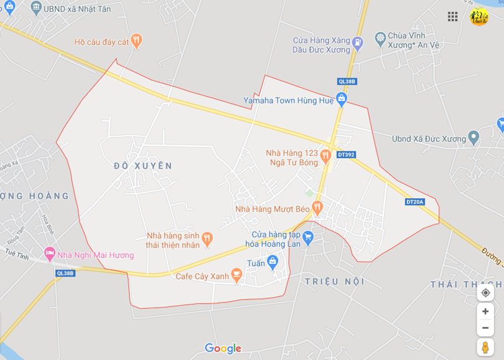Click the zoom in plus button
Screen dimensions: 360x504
pyautogui.click(x=485, y=311)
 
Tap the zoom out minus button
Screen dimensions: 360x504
pyautogui.click(x=485, y=328)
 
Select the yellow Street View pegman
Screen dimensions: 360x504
pyautogui.click(x=485, y=347)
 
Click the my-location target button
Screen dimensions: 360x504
pyautogui.click(x=485, y=292)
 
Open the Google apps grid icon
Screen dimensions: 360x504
pyautogui.click(x=452, y=17)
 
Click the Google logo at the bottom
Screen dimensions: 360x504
pyautogui.click(x=223, y=348)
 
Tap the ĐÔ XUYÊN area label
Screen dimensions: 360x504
pyautogui.click(x=143, y=166)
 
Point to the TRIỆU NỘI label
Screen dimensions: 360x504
pyautogui.click(x=335, y=282)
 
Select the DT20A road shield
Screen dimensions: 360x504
pyautogui.click(x=414, y=201)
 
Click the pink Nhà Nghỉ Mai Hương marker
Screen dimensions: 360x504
pyautogui.click(x=50, y=254)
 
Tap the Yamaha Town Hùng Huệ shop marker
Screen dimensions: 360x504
pyautogui.click(x=341, y=99)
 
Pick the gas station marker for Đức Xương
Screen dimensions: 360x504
pyautogui.click(x=357, y=44)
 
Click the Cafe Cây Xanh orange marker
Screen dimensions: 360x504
pyautogui.click(x=236, y=274)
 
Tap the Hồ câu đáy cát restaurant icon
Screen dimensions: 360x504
pyautogui.click(x=137, y=42)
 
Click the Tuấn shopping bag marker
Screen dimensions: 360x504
pyautogui.click(x=272, y=262)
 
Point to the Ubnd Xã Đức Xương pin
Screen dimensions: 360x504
pyautogui.click(x=474, y=138)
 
